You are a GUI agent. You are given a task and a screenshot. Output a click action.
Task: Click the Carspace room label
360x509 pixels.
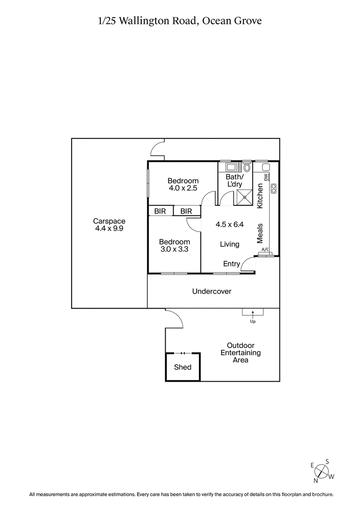pos(109,221)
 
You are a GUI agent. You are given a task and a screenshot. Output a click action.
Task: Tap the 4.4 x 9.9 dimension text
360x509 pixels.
pos(109,228)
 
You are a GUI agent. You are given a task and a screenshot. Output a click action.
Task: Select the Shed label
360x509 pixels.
pos(183,367)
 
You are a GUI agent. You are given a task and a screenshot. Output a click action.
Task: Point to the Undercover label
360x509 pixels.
pos(212,291)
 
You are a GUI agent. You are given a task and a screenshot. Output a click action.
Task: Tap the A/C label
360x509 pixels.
pos(265,250)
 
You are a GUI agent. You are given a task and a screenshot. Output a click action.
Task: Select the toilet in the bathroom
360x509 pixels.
pos(247,168)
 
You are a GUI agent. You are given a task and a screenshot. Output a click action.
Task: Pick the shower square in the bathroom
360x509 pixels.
pos(245,196)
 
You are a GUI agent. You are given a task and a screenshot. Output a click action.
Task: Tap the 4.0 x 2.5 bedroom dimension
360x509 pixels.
pos(183,188)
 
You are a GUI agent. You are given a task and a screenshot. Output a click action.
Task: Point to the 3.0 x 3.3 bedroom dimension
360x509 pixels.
pos(175,249)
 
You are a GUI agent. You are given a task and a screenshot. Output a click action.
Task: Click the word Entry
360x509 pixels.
pos(231,264)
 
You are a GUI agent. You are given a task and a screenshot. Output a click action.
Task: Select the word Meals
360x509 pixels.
pos(259,233)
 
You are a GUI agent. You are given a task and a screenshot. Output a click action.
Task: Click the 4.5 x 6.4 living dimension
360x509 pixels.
pos(230,225)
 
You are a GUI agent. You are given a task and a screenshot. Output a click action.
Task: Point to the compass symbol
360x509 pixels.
pos(321,471)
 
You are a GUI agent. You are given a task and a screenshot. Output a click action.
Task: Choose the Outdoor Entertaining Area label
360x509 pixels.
pos(241,353)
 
